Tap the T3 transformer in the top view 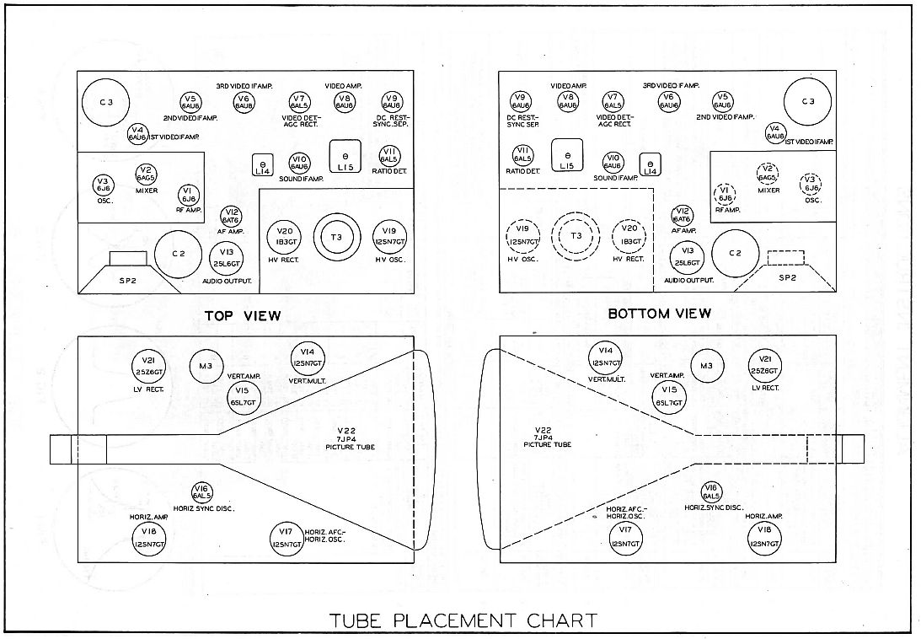[x=337, y=235]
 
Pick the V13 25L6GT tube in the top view [x=226, y=255]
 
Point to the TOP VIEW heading [x=241, y=315]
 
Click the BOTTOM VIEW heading [x=659, y=314]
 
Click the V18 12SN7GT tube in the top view [x=150, y=535]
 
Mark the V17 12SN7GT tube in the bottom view [x=624, y=535]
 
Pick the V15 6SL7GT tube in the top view [x=243, y=395]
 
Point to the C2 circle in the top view [x=178, y=254]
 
